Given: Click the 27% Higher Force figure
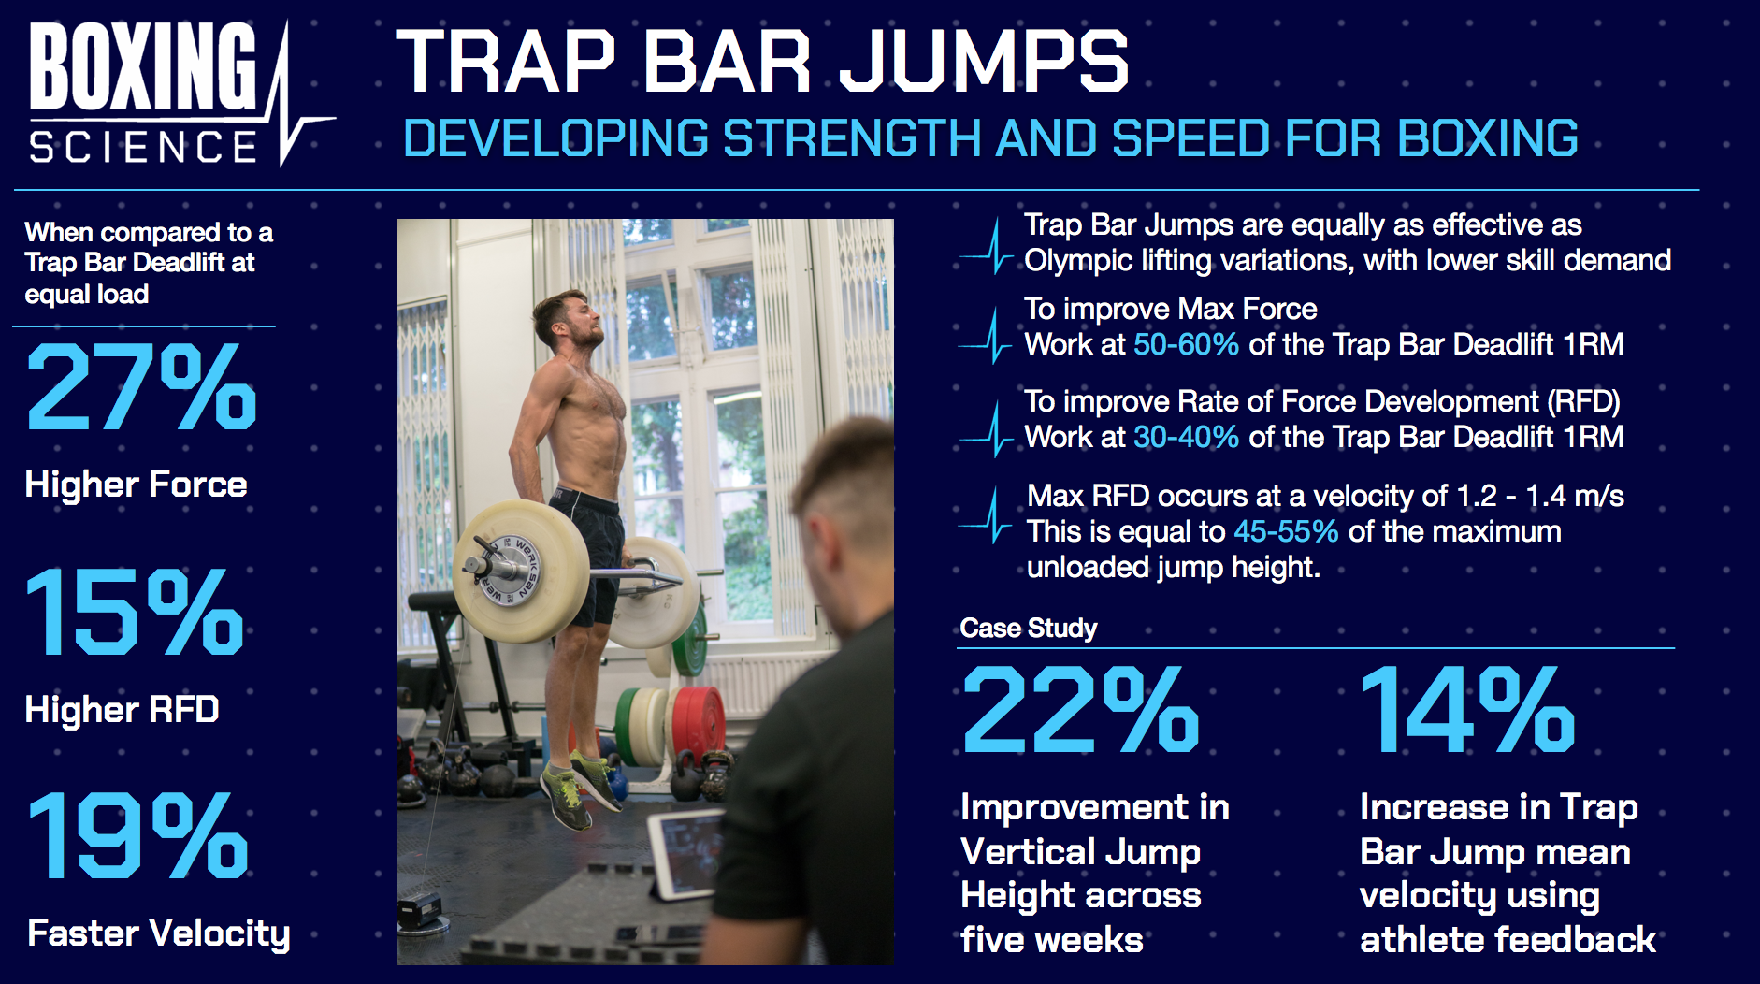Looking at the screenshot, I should point(140,386).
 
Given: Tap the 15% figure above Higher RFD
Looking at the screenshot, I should point(135,612).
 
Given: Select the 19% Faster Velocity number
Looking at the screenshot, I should point(137,835).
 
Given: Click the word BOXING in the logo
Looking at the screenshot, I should point(143,65).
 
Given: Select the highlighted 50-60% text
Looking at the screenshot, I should point(1186,344).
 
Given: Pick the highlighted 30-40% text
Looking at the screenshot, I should point(1186,437).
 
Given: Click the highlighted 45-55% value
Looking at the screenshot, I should point(1286,531).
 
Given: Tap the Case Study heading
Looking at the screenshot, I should point(1028,628).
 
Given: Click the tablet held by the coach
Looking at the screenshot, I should point(683,851).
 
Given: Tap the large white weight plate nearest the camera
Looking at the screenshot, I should point(521,571).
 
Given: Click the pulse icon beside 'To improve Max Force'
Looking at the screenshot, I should point(986,335).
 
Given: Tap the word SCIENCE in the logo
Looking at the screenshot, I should point(143,147).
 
